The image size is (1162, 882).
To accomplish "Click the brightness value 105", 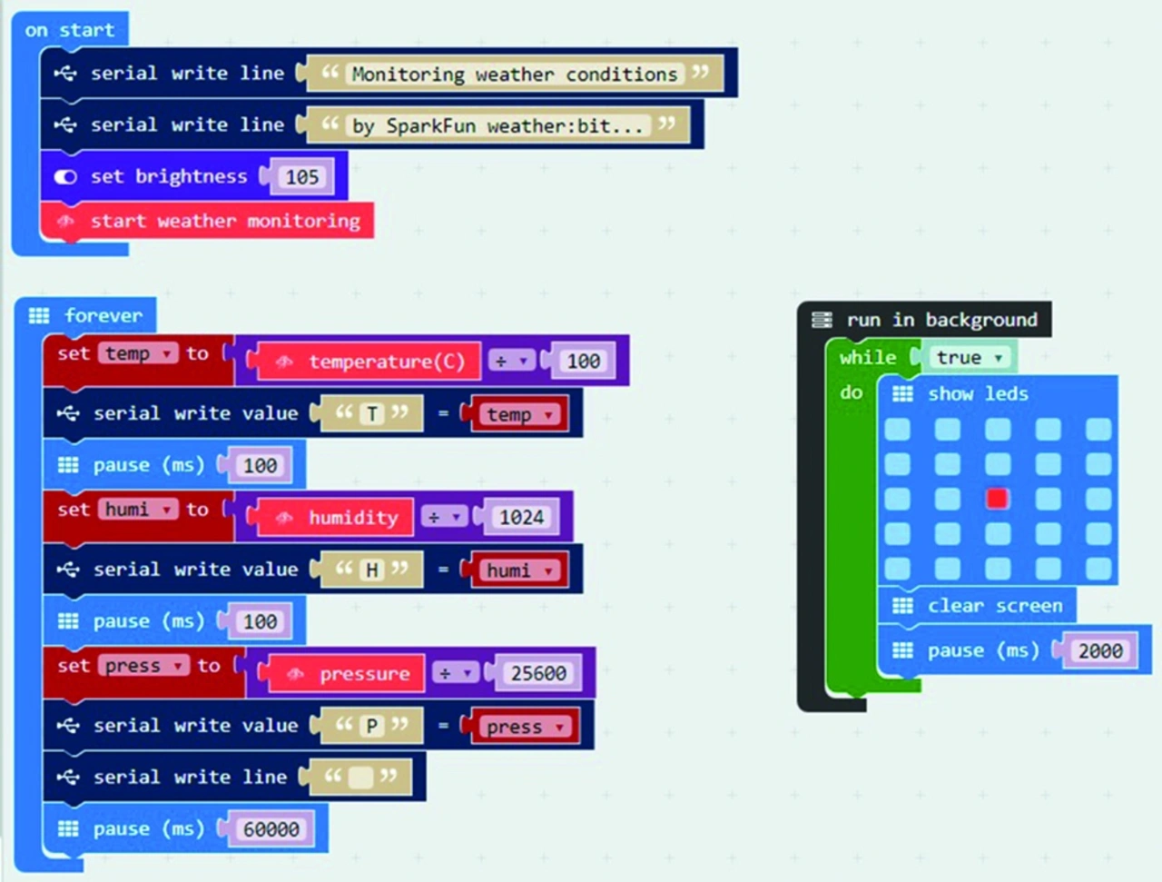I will (302, 177).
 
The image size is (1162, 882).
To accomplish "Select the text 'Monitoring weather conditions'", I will (514, 74).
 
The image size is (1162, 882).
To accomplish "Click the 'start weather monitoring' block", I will (224, 221).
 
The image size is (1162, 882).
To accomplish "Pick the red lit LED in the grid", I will (997, 498).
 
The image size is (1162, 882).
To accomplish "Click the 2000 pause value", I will (1100, 650).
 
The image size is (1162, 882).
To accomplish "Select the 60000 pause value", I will (271, 829).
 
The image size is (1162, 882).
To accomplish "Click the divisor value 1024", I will (521, 518).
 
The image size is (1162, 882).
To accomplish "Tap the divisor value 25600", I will (538, 673).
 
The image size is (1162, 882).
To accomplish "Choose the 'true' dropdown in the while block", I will (968, 358).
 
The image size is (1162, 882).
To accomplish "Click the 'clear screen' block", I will (993, 606).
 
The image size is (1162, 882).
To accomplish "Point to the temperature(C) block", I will (386, 362).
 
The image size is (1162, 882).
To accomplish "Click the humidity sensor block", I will (352, 518).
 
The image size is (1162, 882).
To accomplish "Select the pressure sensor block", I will (363, 674).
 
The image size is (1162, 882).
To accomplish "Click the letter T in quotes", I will (372, 414).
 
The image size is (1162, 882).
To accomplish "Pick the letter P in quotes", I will (372, 726).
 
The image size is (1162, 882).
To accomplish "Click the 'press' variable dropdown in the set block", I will (143, 666).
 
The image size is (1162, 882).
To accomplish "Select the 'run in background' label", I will (940, 320).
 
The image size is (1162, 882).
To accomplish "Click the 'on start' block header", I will (70, 30).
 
